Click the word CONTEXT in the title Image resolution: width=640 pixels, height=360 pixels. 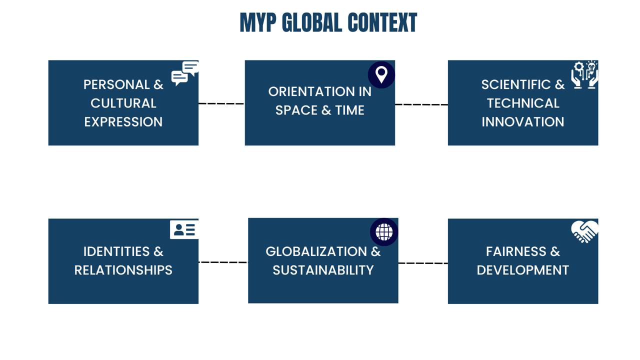(x=382, y=23)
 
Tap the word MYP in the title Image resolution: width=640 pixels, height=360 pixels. (x=258, y=23)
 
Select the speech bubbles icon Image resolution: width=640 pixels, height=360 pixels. (x=185, y=73)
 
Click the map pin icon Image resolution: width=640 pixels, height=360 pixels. (x=381, y=74)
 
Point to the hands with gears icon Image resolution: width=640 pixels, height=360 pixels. (x=584, y=75)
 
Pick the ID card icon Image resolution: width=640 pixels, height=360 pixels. (x=184, y=229)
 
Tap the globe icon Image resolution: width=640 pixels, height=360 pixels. (x=384, y=231)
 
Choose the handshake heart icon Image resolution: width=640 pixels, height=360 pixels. (x=584, y=231)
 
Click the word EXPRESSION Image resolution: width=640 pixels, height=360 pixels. (x=123, y=122)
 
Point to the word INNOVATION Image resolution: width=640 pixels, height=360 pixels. (x=522, y=122)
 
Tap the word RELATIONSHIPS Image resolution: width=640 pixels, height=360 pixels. (x=123, y=270)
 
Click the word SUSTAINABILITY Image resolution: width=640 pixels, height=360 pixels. (x=323, y=270)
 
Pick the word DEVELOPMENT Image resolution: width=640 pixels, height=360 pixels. (x=522, y=270)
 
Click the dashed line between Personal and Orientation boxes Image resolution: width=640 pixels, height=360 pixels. (x=221, y=103)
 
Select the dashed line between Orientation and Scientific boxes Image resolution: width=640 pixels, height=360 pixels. (x=421, y=104)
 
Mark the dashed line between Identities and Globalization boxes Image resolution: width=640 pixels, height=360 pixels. (x=223, y=262)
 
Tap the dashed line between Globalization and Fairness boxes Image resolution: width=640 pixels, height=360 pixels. (x=423, y=263)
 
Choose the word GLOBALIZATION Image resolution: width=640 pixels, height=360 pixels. (x=316, y=251)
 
